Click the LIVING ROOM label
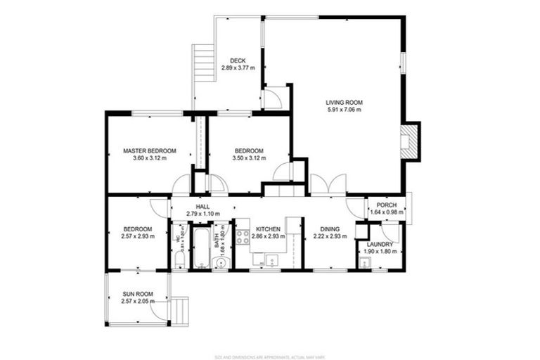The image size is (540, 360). point(344,102)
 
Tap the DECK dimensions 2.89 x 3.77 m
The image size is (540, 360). point(238,68)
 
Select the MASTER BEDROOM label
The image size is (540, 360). point(149,150)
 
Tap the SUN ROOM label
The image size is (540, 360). point(137,293)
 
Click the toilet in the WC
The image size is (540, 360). point(179,261)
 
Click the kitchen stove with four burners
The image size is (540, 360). point(242,237)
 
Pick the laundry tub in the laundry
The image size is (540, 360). point(364,264)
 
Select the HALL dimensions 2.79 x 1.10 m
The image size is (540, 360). point(202,214)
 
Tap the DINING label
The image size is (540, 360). point(330,229)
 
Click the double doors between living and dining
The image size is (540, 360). point(324,185)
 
